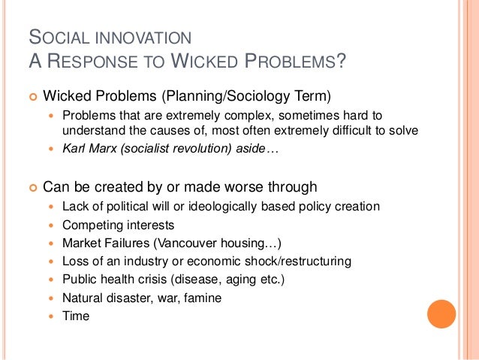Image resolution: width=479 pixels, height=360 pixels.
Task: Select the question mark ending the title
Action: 342,60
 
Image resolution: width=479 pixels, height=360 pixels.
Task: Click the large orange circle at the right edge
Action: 441,314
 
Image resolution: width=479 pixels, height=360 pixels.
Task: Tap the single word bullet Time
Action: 75,316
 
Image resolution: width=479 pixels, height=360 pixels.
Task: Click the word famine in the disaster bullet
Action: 203,298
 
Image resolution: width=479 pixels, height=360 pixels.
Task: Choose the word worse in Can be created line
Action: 236,186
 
